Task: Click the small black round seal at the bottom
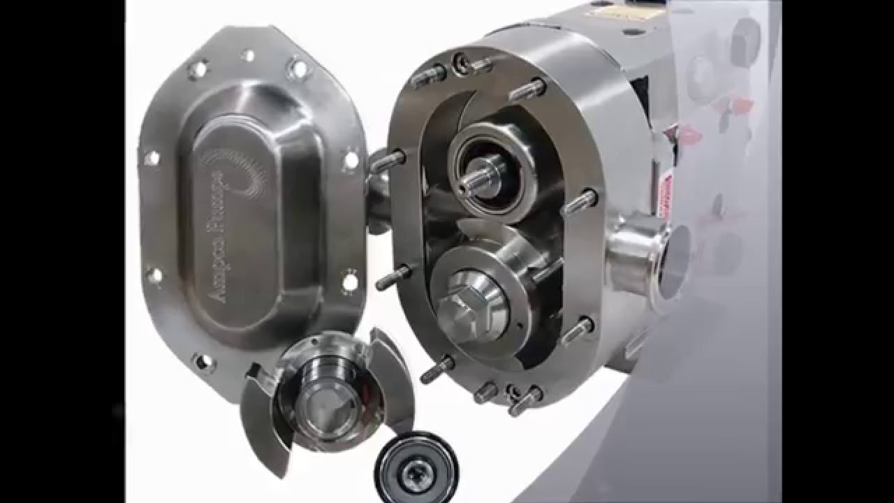point(416,465)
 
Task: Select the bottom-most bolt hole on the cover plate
point(203,360)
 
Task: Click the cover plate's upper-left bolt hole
point(198,68)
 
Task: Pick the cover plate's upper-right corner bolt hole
point(300,68)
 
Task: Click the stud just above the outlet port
point(578,202)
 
